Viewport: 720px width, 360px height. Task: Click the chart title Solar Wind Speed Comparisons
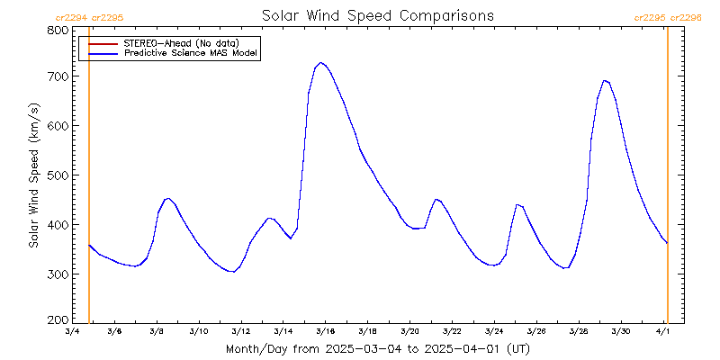[x=377, y=16]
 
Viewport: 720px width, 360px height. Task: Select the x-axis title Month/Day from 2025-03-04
[x=377, y=348]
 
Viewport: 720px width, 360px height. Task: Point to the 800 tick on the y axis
[x=57, y=31]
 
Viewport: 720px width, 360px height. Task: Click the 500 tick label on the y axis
[x=57, y=175]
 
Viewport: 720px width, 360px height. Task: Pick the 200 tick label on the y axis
[x=57, y=320]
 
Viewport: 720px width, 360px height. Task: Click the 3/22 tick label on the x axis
[x=452, y=332]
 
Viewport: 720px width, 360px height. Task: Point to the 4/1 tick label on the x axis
[x=663, y=332]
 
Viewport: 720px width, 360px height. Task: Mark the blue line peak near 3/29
[x=606, y=80]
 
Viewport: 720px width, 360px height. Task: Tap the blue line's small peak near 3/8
[x=167, y=198]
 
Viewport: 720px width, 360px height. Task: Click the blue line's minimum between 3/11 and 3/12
[x=232, y=271]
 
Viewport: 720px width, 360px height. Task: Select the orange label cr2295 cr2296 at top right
[x=667, y=17]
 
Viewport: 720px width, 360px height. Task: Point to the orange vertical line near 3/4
[x=89, y=180]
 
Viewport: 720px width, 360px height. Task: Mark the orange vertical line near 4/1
[x=667, y=180]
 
